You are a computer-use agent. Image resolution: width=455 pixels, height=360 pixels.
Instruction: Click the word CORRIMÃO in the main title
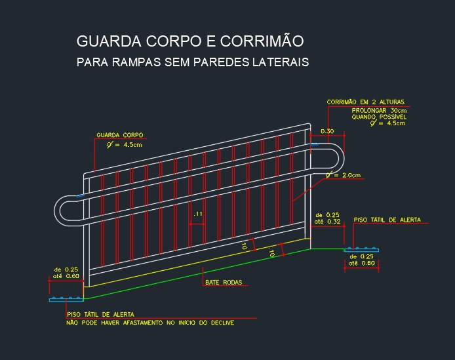pos(262,41)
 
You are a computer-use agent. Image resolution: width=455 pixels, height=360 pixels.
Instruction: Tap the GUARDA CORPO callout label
pos(120,135)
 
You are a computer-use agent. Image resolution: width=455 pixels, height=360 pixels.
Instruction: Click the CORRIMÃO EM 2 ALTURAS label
pos(366,102)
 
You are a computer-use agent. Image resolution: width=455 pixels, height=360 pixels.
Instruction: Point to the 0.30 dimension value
pos(327,131)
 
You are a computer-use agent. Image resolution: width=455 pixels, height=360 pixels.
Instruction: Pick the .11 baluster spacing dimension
pos(198,214)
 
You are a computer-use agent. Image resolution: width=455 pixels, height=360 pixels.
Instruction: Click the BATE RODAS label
pos(224,282)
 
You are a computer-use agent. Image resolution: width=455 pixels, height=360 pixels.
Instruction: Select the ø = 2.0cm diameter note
pos(343,175)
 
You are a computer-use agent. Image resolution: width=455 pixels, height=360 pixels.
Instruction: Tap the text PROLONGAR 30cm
pos(379,111)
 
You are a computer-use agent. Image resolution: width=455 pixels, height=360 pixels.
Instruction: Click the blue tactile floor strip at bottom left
pos(66,299)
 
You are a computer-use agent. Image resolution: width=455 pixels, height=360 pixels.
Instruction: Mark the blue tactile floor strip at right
pos(361,249)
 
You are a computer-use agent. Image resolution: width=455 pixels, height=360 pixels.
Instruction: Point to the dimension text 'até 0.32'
pos(327,222)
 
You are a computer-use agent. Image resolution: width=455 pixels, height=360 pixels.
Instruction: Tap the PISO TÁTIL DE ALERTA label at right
pos(387,220)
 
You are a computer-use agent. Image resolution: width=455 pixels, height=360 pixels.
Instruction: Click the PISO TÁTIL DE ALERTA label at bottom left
pos(101,314)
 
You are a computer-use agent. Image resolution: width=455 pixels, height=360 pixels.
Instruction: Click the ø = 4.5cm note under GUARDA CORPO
pos(124,144)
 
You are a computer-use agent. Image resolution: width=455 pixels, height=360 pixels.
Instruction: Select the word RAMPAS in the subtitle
pos(136,62)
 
